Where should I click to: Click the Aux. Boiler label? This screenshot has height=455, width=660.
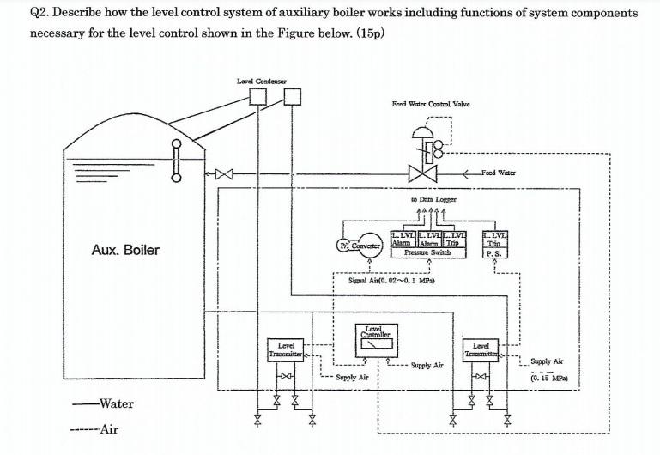pyautogui.click(x=125, y=250)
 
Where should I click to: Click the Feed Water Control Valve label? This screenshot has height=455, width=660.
pyautogui.click(x=430, y=104)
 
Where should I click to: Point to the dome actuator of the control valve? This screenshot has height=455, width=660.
pyautogui.click(x=421, y=131)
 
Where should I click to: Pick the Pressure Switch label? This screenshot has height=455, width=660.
pyautogui.click(x=428, y=254)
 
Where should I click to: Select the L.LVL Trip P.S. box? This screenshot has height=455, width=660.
pyautogui.click(x=496, y=245)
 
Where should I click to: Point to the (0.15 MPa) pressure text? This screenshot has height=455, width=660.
pyautogui.click(x=550, y=376)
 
